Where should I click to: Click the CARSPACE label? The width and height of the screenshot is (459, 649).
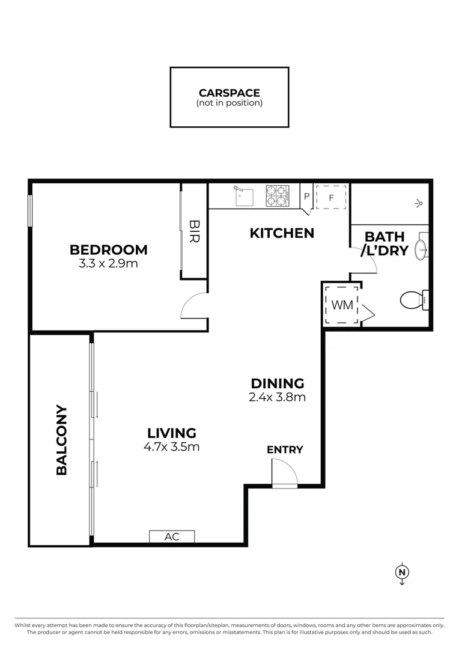click(x=229, y=93)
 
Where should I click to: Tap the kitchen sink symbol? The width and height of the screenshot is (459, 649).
click(x=244, y=196)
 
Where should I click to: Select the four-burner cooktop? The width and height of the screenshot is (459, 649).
click(x=278, y=196)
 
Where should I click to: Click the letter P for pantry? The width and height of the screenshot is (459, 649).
click(x=306, y=196)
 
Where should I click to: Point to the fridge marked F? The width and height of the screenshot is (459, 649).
click(x=331, y=198)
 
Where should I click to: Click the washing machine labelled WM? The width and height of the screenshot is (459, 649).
click(x=342, y=305)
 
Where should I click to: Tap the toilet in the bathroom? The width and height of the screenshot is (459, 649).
click(x=414, y=300)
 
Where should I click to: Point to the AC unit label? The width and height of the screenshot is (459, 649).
click(x=172, y=537)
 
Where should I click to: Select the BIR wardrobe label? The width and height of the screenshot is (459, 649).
click(x=194, y=231)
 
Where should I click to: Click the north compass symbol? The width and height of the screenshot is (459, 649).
click(x=402, y=573)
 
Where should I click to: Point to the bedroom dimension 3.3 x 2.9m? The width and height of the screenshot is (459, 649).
click(x=108, y=263)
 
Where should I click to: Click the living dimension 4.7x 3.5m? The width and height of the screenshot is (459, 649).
click(x=171, y=446)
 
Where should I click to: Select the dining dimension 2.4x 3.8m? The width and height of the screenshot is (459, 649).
click(x=278, y=397)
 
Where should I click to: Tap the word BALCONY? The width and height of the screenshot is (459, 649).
click(x=61, y=439)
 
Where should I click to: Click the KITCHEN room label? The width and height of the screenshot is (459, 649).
click(x=282, y=233)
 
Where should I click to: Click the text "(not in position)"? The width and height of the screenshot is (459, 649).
click(x=229, y=103)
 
